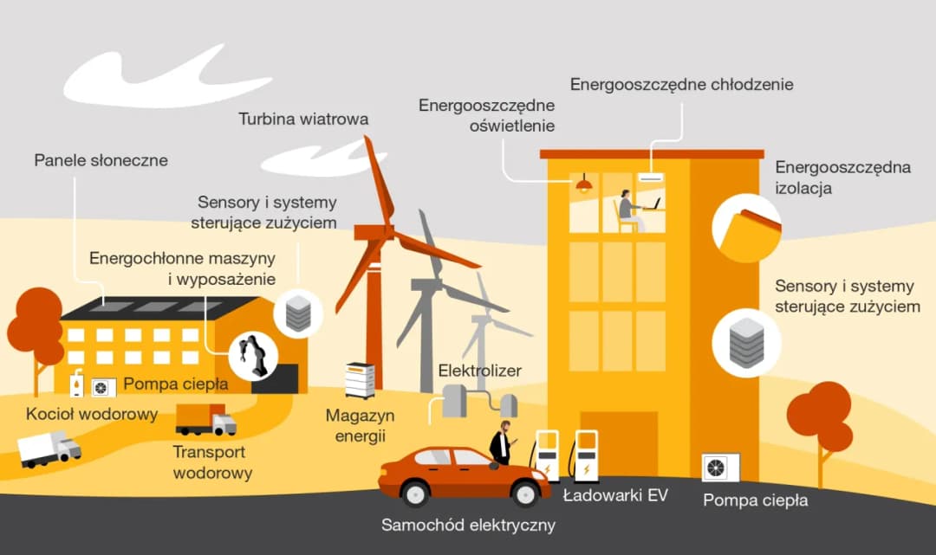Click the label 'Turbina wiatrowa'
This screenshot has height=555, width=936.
[303, 119]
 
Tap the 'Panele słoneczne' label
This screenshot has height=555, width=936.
[101, 160]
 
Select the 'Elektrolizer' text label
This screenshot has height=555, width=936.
[479, 371]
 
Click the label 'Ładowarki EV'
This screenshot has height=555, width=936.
[615, 496]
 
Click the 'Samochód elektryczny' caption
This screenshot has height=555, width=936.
[468, 525]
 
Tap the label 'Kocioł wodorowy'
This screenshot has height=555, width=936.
[92, 414]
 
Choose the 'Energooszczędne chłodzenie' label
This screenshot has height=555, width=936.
[681, 84]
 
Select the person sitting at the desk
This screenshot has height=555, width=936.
[628, 210]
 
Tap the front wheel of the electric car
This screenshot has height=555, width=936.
[524, 494]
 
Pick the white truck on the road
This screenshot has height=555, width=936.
[49, 449]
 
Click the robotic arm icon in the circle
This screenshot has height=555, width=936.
[252, 354]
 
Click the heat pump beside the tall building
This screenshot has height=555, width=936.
[720, 468]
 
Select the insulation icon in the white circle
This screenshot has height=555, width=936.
[746, 228]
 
